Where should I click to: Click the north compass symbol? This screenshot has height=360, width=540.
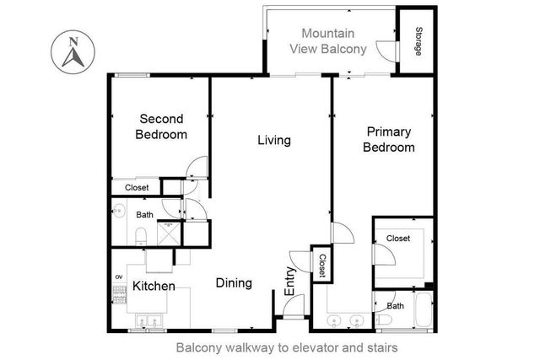coord(72,51)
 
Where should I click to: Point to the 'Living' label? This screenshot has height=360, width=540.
coord(273,140)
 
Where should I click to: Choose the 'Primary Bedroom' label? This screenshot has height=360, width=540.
coord(388,139)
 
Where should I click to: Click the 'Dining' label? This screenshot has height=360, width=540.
coord(233,283)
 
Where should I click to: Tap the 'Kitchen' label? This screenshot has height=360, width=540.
coord(154,287)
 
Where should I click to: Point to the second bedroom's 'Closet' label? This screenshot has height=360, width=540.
coord(137,187)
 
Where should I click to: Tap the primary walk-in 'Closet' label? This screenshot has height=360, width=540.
coord(398,239)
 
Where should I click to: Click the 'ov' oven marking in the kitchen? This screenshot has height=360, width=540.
coord(118,277)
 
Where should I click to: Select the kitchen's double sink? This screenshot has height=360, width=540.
coord(147,321)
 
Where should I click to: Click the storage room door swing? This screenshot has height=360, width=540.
coord(386,51)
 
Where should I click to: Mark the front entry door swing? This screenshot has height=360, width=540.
coord(291,310)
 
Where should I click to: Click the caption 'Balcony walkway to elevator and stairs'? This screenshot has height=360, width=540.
coord(286,347)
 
